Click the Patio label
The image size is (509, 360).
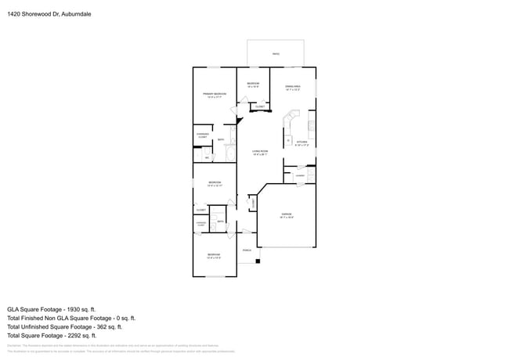click(x=276, y=54)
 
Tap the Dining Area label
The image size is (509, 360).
click(x=293, y=88)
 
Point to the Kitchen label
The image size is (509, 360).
click(x=301, y=143)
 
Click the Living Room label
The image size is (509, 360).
click(x=260, y=152)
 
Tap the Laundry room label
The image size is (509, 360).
click(x=299, y=176)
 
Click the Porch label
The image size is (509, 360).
click(x=247, y=250)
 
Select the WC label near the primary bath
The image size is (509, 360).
click(x=207, y=158)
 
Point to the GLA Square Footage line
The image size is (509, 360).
click(x=52, y=309)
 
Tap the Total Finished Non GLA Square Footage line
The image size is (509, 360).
click(x=71, y=318)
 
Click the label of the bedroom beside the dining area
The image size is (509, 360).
click(x=253, y=85)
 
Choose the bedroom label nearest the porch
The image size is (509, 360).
click(x=214, y=256)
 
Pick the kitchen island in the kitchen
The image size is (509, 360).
click(x=287, y=140)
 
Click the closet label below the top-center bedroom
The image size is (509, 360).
click(x=259, y=107)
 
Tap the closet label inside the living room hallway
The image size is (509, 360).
click(x=253, y=203)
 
